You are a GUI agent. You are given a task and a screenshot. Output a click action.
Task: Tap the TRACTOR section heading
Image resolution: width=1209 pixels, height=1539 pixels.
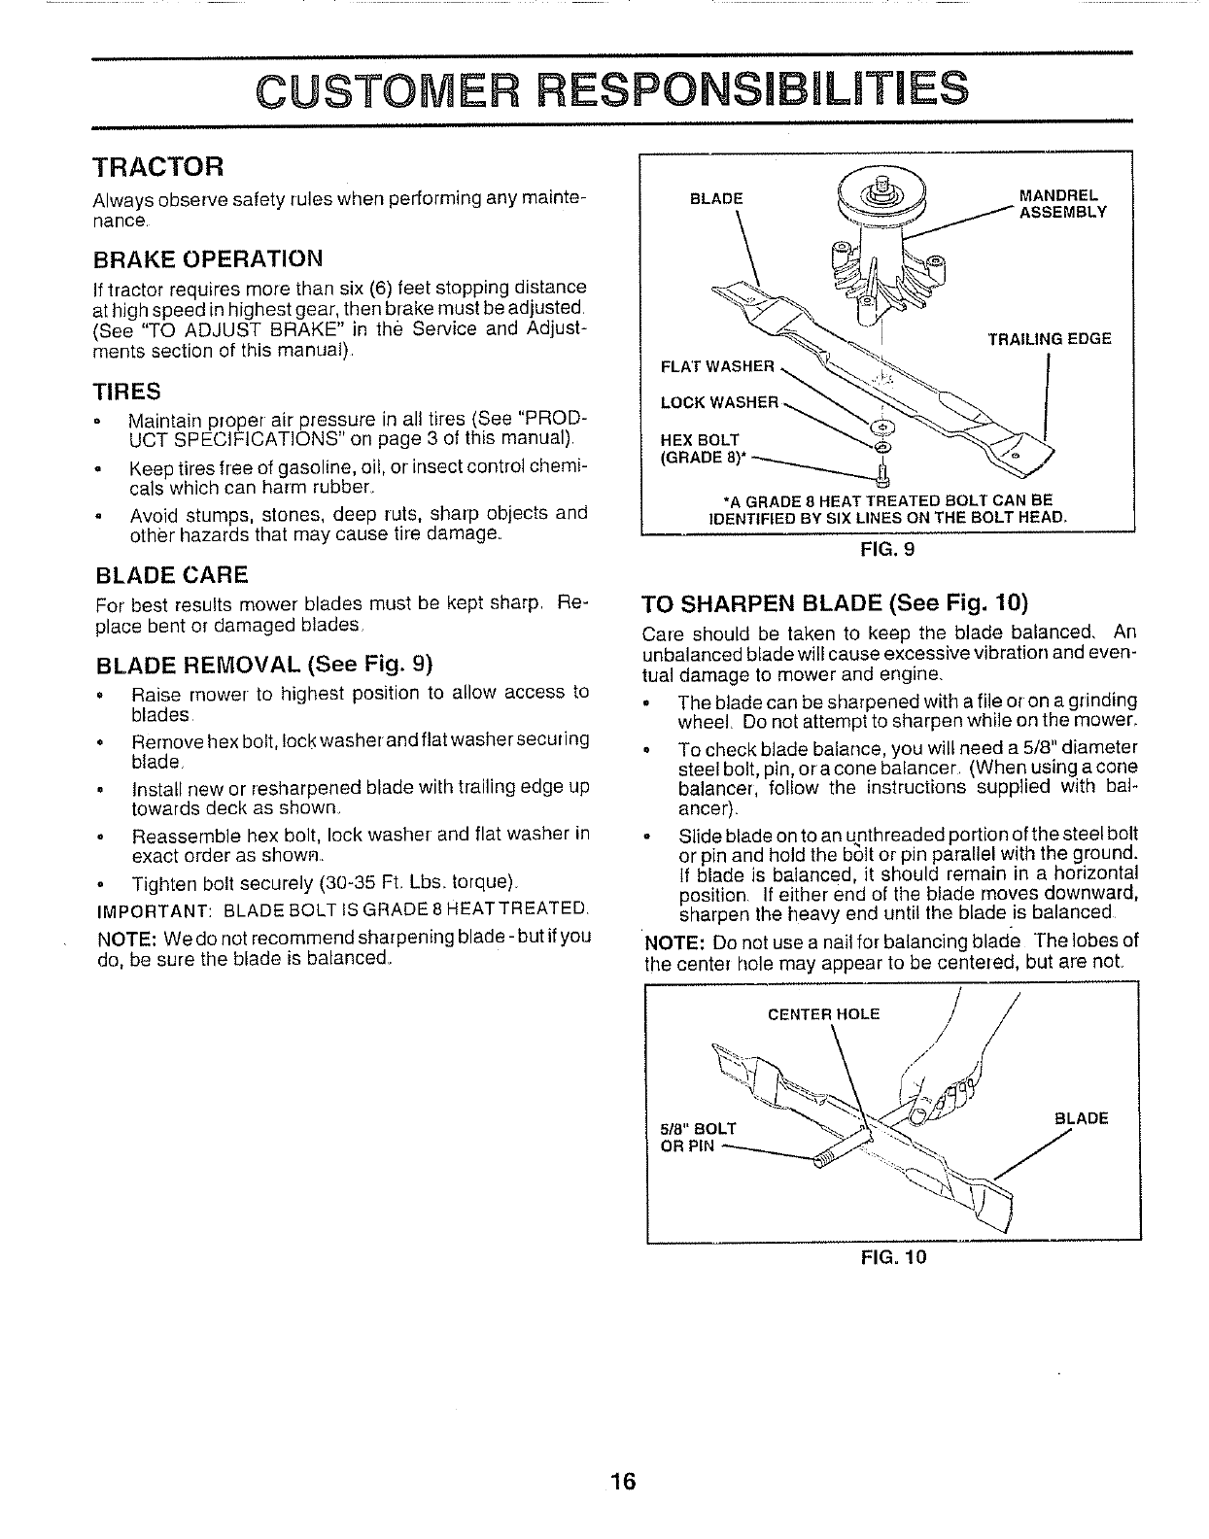coord(158,166)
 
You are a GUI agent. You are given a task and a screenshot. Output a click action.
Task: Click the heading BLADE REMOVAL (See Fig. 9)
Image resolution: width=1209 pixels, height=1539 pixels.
coord(262,665)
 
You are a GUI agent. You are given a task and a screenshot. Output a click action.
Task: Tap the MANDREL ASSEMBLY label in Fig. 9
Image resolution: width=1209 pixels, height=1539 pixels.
coord(1061,205)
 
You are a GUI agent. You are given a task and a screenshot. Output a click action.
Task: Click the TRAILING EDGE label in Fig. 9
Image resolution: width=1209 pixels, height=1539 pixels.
coord(1049,339)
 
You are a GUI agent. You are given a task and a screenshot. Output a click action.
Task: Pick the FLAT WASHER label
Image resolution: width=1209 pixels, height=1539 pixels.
coord(716,366)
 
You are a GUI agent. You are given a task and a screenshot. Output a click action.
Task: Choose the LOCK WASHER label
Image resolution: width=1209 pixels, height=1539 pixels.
coord(719,402)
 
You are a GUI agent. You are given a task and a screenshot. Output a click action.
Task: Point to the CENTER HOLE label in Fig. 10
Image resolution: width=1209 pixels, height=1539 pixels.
coord(823,1014)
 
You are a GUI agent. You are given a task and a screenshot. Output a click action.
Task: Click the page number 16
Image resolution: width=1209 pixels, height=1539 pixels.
coord(623,1454)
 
